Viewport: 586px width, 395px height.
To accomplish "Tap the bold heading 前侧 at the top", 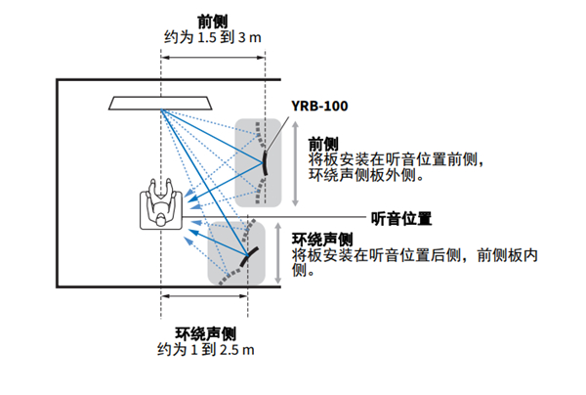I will pyautogui.click(x=214, y=21).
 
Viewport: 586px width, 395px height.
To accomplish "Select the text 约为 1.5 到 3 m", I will pyautogui.click(x=214, y=37).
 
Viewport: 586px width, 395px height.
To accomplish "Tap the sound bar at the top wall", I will pyautogui.click(x=162, y=102).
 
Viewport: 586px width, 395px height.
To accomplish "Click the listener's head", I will pyautogui.click(x=157, y=218).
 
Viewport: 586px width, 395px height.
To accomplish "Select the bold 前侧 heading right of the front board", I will pyautogui.click(x=322, y=142).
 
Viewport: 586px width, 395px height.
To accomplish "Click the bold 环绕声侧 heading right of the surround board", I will pyautogui.click(x=322, y=239).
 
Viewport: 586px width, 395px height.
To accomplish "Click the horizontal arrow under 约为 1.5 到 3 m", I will pyautogui.click(x=214, y=54).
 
